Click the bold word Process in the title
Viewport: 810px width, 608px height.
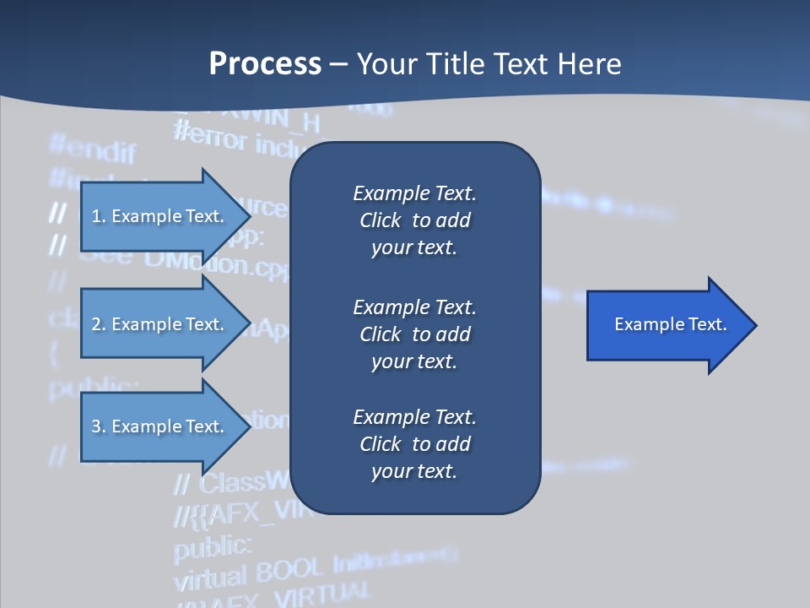[x=265, y=64]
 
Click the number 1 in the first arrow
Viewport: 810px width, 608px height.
[x=95, y=216]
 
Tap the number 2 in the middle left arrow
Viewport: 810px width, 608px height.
[x=95, y=324]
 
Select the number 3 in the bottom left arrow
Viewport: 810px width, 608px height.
[x=95, y=426]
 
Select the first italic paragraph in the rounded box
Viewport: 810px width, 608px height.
[x=414, y=220]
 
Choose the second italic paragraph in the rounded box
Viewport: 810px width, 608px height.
[x=414, y=334]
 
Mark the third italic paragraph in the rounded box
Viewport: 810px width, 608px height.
[x=414, y=444]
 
